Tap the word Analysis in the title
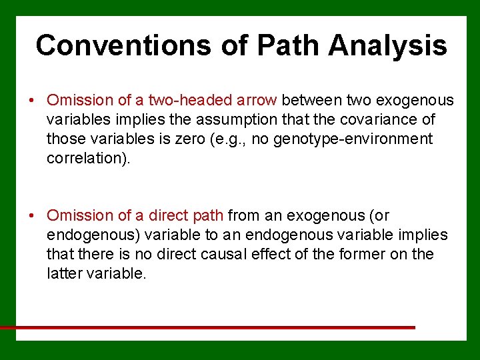(387, 45)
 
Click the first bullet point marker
(31, 101)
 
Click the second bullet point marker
(31, 216)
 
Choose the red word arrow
(257, 101)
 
